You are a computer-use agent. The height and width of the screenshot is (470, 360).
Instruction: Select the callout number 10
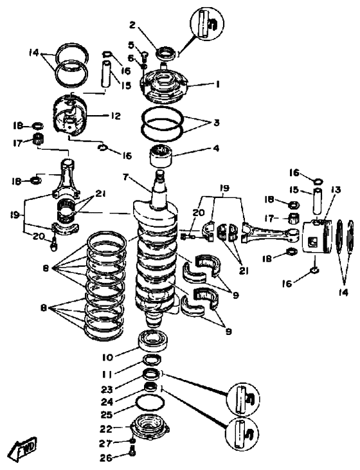[x=107, y=357]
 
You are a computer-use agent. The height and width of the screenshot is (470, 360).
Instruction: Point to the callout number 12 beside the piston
[x=116, y=116]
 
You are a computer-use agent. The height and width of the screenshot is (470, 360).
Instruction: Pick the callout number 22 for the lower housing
[x=106, y=429]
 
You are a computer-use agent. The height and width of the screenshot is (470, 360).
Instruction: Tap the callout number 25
[x=107, y=415]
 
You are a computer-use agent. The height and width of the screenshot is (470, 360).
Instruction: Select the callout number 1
[x=218, y=84]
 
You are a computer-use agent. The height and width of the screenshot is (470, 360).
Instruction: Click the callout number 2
[x=132, y=25]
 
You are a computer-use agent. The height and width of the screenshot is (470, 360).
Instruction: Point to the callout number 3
[x=217, y=122]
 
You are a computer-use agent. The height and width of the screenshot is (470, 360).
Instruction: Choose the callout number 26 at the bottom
[x=106, y=458]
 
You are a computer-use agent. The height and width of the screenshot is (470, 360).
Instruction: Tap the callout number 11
[x=107, y=374]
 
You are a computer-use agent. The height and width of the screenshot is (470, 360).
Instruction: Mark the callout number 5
[x=131, y=46]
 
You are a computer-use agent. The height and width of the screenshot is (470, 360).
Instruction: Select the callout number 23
[x=107, y=390]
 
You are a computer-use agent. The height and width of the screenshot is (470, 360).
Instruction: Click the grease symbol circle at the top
[x=207, y=23]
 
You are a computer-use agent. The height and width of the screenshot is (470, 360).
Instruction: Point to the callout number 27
[x=106, y=444]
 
